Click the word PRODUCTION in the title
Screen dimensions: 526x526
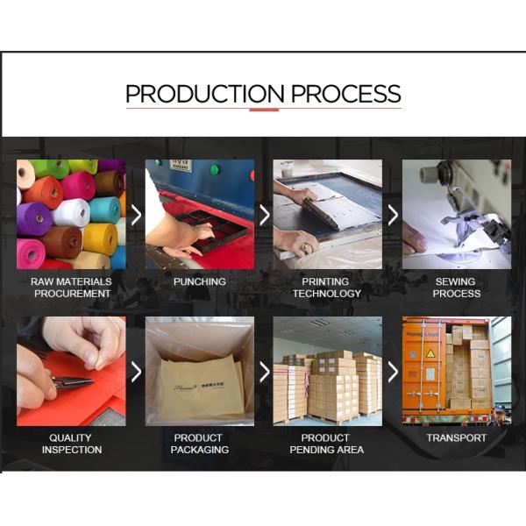pyautogui.click(x=205, y=94)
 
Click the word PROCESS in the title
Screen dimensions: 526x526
pyautogui.click(x=346, y=94)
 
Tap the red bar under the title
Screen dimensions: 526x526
pyautogui.click(x=264, y=110)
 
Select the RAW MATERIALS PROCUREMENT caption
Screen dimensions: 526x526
pyautogui.click(x=72, y=288)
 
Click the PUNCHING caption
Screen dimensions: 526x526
pyautogui.click(x=200, y=281)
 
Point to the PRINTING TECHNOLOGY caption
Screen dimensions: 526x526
pyautogui.click(x=327, y=288)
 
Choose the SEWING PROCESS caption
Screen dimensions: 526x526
pyautogui.click(x=456, y=288)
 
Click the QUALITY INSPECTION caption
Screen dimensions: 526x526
pyautogui.click(x=72, y=444)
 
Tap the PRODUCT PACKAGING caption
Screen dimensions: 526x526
pyautogui.click(x=200, y=444)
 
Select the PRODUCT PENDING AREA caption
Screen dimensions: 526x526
pyautogui.click(x=327, y=444)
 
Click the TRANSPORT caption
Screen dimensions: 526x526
pyautogui.click(x=456, y=437)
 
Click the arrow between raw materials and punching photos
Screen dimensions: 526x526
pyautogui.click(x=136, y=215)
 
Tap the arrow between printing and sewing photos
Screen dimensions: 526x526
pyautogui.click(x=393, y=215)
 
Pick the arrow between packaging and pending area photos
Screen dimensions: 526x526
pyautogui.click(x=265, y=372)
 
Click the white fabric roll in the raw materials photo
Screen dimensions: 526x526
pyautogui.click(x=71, y=213)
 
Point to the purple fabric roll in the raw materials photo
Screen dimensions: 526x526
pyautogui.click(x=33, y=218)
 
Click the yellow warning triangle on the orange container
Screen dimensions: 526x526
pyautogui.click(x=430, y=353)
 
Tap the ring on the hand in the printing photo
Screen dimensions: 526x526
pyautogui.click(x=306, y=247)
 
